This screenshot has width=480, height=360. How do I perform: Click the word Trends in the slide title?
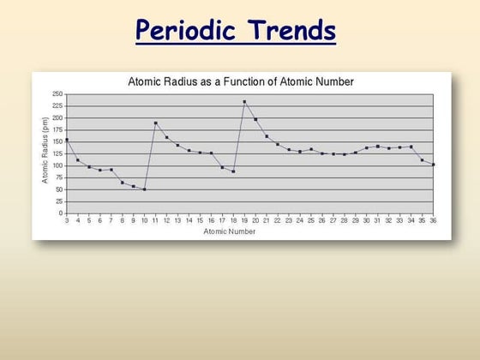tap(288, 32)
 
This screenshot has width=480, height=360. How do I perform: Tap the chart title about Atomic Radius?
tap(241, 82)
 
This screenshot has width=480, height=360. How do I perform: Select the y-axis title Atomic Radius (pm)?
tap(45, 153)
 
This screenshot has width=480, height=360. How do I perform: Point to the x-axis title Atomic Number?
tap(230, 231)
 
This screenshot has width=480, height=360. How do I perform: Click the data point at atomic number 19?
tap(244, 102)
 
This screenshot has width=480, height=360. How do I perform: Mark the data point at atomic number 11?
tap(155, 123)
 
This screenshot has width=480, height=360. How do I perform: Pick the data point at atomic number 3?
tap(67, 140)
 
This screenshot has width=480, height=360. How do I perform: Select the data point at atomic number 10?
tap(144, 189)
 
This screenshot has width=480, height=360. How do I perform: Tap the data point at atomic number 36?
tap(433, 165)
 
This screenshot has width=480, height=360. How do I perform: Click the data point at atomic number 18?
tap(233, 171)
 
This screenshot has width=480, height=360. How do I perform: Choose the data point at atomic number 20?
tap(255, 119)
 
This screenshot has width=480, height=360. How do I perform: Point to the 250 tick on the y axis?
tap(57, 94)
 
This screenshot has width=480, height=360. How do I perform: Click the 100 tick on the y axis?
tap(57, 165)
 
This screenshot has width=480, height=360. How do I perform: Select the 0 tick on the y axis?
tap(60, 213)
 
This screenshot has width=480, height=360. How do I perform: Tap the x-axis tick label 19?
tap(244, 220)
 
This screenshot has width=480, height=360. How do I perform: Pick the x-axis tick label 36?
tap(433, 220)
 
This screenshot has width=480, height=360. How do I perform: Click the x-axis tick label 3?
tap(67, 220)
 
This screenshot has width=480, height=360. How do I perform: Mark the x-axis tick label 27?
tap(333, 220)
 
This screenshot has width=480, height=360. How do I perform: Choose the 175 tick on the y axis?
tap(57, 129)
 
